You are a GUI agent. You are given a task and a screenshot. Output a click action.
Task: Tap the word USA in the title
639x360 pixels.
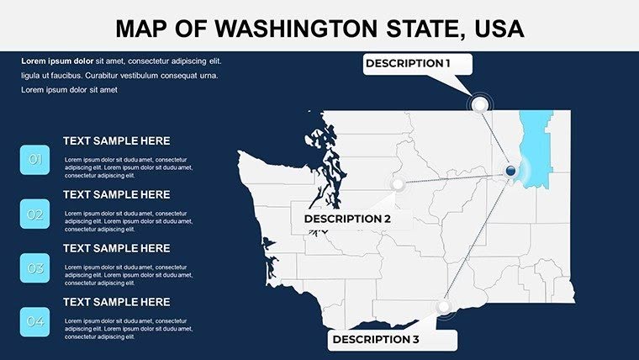(x=495, y=29)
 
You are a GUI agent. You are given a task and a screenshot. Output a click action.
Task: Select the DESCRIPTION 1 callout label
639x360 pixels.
(x=408, y=63)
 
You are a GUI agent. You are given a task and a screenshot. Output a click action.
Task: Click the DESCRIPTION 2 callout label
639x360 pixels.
(x=347, y=219)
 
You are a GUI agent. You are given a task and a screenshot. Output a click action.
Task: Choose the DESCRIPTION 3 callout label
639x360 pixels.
(x=376, y=339)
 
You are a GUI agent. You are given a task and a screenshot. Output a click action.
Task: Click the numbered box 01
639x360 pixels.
(x=35, y=160)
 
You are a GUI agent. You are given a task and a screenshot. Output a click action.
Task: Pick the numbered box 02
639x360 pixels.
(x=35, y=214)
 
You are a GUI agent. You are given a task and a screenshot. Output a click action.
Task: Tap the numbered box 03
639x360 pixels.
(x=35, y=268)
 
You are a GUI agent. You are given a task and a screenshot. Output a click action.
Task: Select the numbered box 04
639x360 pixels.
(x=35, y=322)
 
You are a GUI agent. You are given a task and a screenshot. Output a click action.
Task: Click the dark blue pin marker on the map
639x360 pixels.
(x=510, y=172)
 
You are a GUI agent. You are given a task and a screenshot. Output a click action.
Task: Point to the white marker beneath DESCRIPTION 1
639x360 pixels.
(x=480, y=104)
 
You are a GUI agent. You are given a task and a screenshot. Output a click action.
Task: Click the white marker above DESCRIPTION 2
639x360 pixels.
(x=398, y=184)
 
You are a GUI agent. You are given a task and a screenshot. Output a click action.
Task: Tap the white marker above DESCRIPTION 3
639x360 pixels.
(x=445, y=307)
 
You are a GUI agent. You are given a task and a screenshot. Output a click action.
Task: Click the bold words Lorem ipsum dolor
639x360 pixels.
(x=57, y=61)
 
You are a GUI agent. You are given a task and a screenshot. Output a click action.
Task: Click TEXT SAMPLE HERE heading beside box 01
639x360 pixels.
(x=116, y=141)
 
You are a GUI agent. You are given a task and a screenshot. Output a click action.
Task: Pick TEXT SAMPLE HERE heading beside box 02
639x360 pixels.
(x=116, y=195)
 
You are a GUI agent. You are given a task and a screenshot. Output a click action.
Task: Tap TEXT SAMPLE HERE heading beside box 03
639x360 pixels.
(x=116, y=249)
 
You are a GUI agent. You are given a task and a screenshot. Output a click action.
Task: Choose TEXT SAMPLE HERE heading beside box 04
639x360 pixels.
(x=116, y=302)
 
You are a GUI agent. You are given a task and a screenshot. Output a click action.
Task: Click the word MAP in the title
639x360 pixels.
(x=142, y=29)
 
